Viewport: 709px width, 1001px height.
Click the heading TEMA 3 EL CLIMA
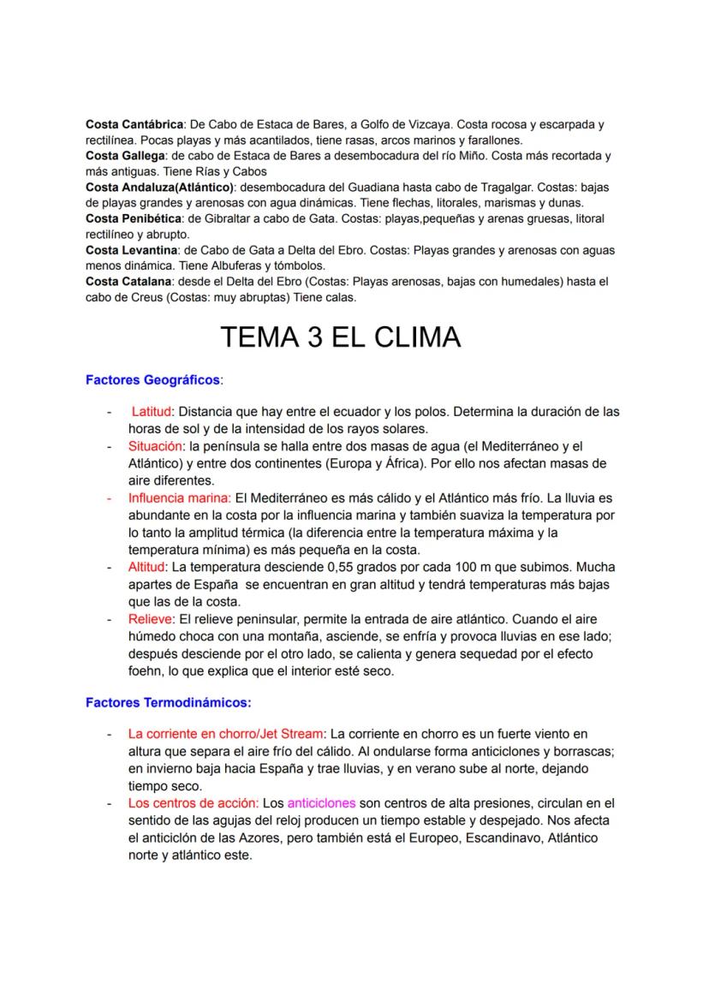[340, 337]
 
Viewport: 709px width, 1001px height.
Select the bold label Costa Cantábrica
[134, 124]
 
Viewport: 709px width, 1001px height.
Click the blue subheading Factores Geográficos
[152, 378]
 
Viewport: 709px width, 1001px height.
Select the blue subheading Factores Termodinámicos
[168, 703]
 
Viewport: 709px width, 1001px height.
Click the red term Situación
[155, 446]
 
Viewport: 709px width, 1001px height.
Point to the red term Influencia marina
[179, 498]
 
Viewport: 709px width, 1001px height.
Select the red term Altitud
[147, 567]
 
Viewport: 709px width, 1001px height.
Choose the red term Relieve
[147, 619]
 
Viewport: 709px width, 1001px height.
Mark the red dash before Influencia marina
[109, 498]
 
